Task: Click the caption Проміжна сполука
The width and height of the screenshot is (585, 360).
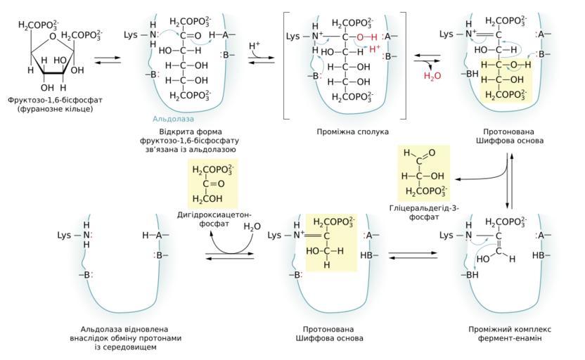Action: click(x=343, y=131)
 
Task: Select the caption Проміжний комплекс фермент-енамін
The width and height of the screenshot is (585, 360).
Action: click(x=510, y=333)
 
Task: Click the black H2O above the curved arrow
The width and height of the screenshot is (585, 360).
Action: click(x=252, y=226)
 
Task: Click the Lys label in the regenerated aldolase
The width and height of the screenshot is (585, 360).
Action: click(x=64, y=235)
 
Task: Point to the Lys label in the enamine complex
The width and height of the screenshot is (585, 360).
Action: click(x=446, y=235)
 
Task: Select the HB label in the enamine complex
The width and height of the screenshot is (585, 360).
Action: click(x=539, y=255)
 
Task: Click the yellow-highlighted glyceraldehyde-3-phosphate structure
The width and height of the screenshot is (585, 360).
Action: click(x=424, y=172)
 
